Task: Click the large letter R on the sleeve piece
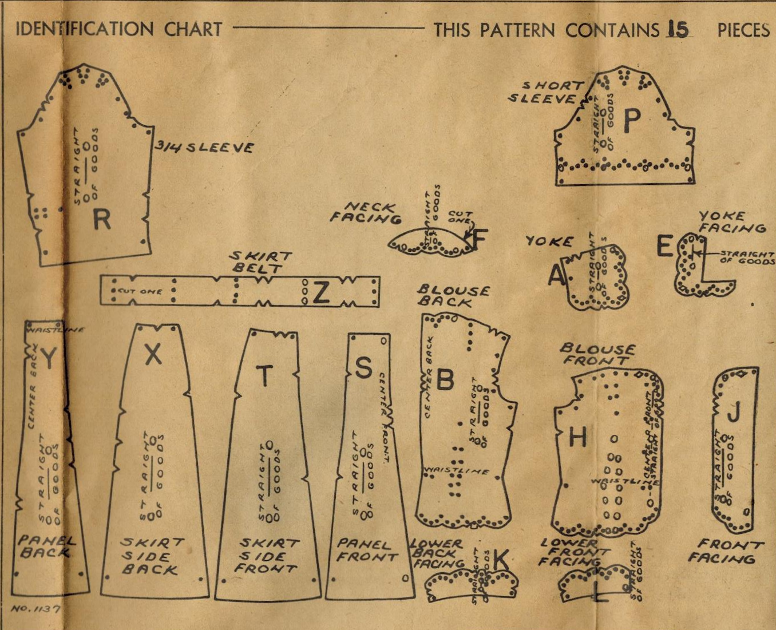(x=101, y=219)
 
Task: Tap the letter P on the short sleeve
(x=632, y=121)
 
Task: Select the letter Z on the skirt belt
(x=321, y=292)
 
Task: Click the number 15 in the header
(x=678, y=29)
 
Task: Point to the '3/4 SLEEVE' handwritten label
(x=204, y=147)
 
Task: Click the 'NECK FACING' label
(x=367, y=212)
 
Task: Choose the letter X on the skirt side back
(x=153, y=355)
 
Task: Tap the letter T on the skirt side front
(x=264, y=376)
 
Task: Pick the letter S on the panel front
(x=364, y=368)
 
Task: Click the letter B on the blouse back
(x=445, y=379)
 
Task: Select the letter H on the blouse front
(x=577, y=438)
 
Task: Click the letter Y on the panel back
(x=49, y=359)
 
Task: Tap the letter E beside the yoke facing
(x=664, y=247)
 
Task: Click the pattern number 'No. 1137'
(x=35, y=609)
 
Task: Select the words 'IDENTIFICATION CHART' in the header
(x=118, y=29)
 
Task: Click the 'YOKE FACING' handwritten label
(x=731, y=222)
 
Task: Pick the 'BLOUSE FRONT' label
(x=596, y=354)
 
